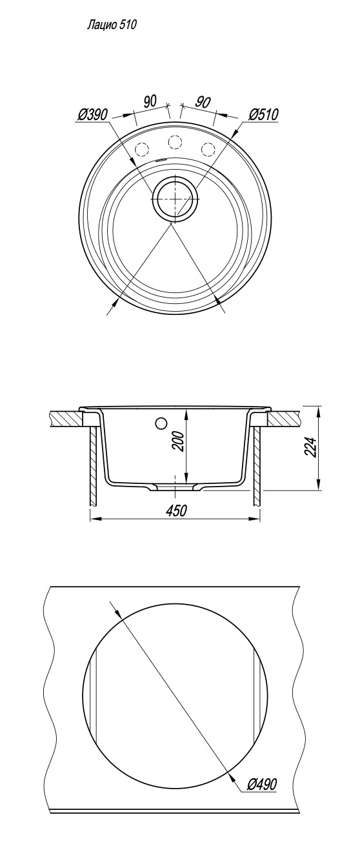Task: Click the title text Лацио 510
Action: [x=112, y=25]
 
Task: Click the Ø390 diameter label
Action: [x=92, y=115]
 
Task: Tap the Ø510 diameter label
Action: [x=263, y=114]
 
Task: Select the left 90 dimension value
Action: [x=150, y=101]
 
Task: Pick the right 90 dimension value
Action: [x=203, y=102]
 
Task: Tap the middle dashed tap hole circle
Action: [x=175, y=143]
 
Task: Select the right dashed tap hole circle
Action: [x=208, y=148]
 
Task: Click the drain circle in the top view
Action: [x=175, y=199]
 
